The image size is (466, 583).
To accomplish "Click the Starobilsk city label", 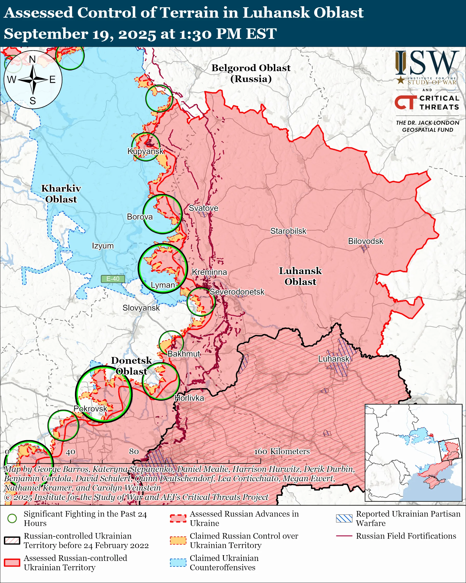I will point(288,231).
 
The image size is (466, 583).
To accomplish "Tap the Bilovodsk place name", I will point(365,241).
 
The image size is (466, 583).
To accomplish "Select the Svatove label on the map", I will point(203,208).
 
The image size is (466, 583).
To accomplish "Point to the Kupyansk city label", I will point(146,151).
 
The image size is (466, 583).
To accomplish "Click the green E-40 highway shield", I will point(113,279).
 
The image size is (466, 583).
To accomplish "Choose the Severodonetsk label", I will point(237,292).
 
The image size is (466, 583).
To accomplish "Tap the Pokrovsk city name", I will point(90,408).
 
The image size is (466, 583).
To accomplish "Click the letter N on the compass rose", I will point(32,59).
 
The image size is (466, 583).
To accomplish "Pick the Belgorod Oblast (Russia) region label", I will point(251,73).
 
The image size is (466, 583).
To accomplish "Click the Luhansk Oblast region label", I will point(300,276).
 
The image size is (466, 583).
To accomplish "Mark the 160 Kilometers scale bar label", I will point(282,451).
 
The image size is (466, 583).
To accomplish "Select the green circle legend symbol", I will point(12,518).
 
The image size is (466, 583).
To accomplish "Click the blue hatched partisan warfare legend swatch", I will point(344,518).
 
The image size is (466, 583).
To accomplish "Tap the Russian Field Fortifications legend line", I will point(344,536).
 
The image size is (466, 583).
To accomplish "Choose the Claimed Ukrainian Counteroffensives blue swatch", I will point(178,562).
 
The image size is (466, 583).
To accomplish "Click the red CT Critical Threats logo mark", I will point(405,102).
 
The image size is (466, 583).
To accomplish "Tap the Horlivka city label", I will point(189,398).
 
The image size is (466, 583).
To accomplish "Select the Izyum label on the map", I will point(103,246).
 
